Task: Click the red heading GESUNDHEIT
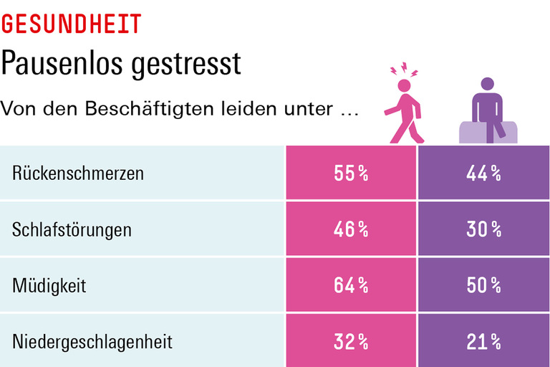pos(71,24)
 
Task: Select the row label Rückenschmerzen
pos(78,173)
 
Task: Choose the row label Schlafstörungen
pos(72,229)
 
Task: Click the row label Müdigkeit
pos(49,285)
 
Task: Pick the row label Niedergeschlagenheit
pos(92,342)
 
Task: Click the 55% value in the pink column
pos(351,173)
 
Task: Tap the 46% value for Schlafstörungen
pos(351,229)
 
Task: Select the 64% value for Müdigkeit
pos(351,285)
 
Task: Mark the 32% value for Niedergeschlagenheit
pos(351,342)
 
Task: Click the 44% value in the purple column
pos(483,173)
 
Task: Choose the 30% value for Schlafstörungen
pos(483,229)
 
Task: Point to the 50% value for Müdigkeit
pos(483,285)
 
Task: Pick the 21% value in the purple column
pos(483,342)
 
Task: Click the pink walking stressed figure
pos(405,111)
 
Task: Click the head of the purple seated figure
pos(487,85)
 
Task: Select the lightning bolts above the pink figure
pos(405,72)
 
